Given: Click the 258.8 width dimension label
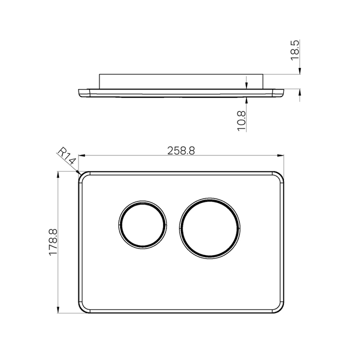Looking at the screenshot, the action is click(x=181, y=150).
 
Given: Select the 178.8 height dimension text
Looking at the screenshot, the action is click(x=53, y=242).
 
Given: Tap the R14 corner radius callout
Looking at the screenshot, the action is click(x=66, y=156).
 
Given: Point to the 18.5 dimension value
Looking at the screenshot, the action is click(x=295, y=50).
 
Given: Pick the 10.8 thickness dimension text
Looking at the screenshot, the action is click(x=241, y=121).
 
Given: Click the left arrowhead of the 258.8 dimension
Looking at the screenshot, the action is click(x=81, y=155).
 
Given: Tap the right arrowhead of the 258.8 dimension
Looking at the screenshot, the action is click(x=280, y=155).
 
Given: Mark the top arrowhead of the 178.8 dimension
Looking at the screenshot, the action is click(x=58, y=174).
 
